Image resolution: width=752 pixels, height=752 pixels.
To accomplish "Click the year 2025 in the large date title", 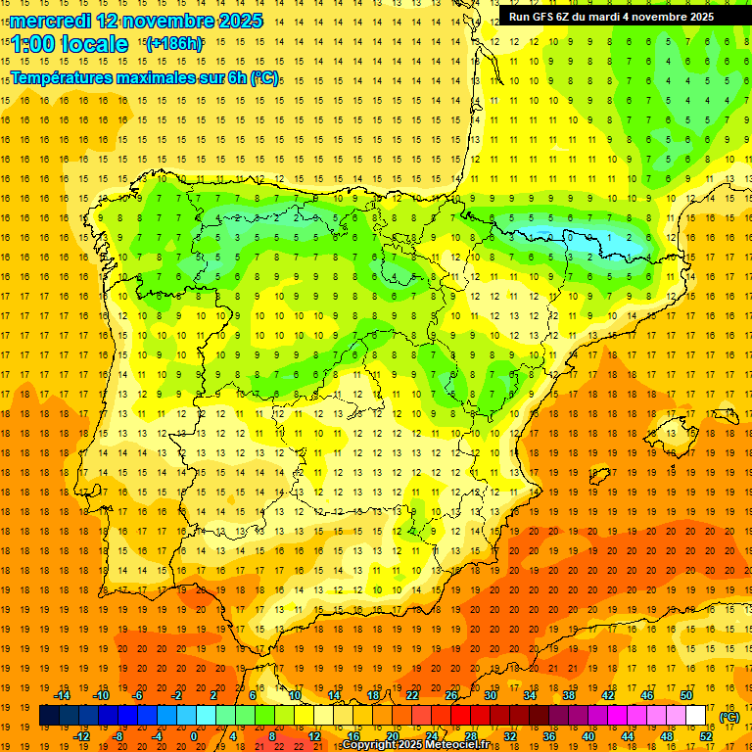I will (235, 21).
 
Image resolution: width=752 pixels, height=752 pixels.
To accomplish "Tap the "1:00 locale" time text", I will (70, 44).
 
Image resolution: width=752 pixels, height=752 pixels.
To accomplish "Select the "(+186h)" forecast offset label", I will (173, 44).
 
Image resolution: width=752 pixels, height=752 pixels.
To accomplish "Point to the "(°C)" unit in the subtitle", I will (264, 77).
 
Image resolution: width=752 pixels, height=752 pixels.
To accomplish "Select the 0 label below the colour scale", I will (193, 735).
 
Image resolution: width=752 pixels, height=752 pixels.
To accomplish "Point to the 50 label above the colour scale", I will (686, 695).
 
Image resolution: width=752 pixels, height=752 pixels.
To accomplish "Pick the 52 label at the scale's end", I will (706, 735).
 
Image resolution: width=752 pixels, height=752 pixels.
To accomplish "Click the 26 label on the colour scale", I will (451, 695).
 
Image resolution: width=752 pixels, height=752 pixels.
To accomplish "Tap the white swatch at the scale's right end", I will (696, 716).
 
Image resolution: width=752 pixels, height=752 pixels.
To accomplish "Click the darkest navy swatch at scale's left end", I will (49, 716).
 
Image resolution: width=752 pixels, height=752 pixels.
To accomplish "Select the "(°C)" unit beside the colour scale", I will (729, 717).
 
